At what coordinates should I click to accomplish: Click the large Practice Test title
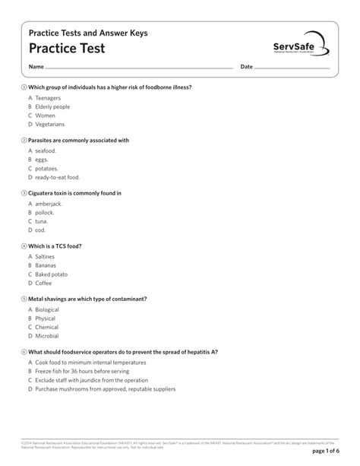click(x=67, y=49)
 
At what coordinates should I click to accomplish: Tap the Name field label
click(x=36, y=68)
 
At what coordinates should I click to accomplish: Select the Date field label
click(x=246, y=68)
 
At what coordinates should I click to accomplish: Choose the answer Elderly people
click(x=52, y=106)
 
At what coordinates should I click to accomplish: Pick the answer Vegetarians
click(x=50, y=124)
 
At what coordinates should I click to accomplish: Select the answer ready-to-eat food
click(x=57, y=177)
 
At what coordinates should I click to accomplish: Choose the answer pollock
click(x=45, y=212)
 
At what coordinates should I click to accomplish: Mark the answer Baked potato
click(x=51, y=274)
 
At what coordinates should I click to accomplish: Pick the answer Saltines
click(x=46, y=256)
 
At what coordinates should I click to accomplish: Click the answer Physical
click(x=46, y=319)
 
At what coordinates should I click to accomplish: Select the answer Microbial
click(x=47, y=336)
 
